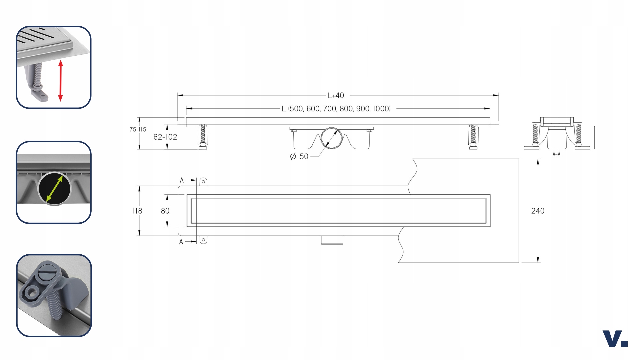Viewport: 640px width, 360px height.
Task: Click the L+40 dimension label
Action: (x=336, y=96)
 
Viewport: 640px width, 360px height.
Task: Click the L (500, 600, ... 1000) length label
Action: (x=336, y=109)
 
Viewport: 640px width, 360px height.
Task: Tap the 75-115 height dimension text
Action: (x=138, y=130)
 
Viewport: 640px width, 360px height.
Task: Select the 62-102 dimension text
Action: (x=165, y=137)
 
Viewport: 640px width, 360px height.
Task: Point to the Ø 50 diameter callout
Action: (x=299, y=156)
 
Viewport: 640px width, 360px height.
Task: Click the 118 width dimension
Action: (x=137, y=211)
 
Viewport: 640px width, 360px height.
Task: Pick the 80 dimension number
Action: (x=165, y=211)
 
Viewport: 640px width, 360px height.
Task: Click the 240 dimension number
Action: (x=537, y=211)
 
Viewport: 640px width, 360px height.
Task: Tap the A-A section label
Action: (x=556, y=154)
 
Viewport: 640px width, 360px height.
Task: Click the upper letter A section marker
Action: (x=182, y=180)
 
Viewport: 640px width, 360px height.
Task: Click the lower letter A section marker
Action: (x=181, y=242)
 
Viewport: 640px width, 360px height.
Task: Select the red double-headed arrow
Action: (x=60, y=80)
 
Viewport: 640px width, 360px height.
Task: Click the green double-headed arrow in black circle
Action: (x=54, y=189)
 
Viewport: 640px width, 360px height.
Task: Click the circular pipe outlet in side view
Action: (x=331, y=138)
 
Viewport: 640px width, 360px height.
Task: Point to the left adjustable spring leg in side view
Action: (x=203, y=136)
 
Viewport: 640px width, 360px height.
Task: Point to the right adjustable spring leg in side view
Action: (x=473, y=136)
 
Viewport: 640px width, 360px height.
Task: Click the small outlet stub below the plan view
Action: (x=332, y=240)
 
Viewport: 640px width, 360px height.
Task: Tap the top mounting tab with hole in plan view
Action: (x=203, y=182)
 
